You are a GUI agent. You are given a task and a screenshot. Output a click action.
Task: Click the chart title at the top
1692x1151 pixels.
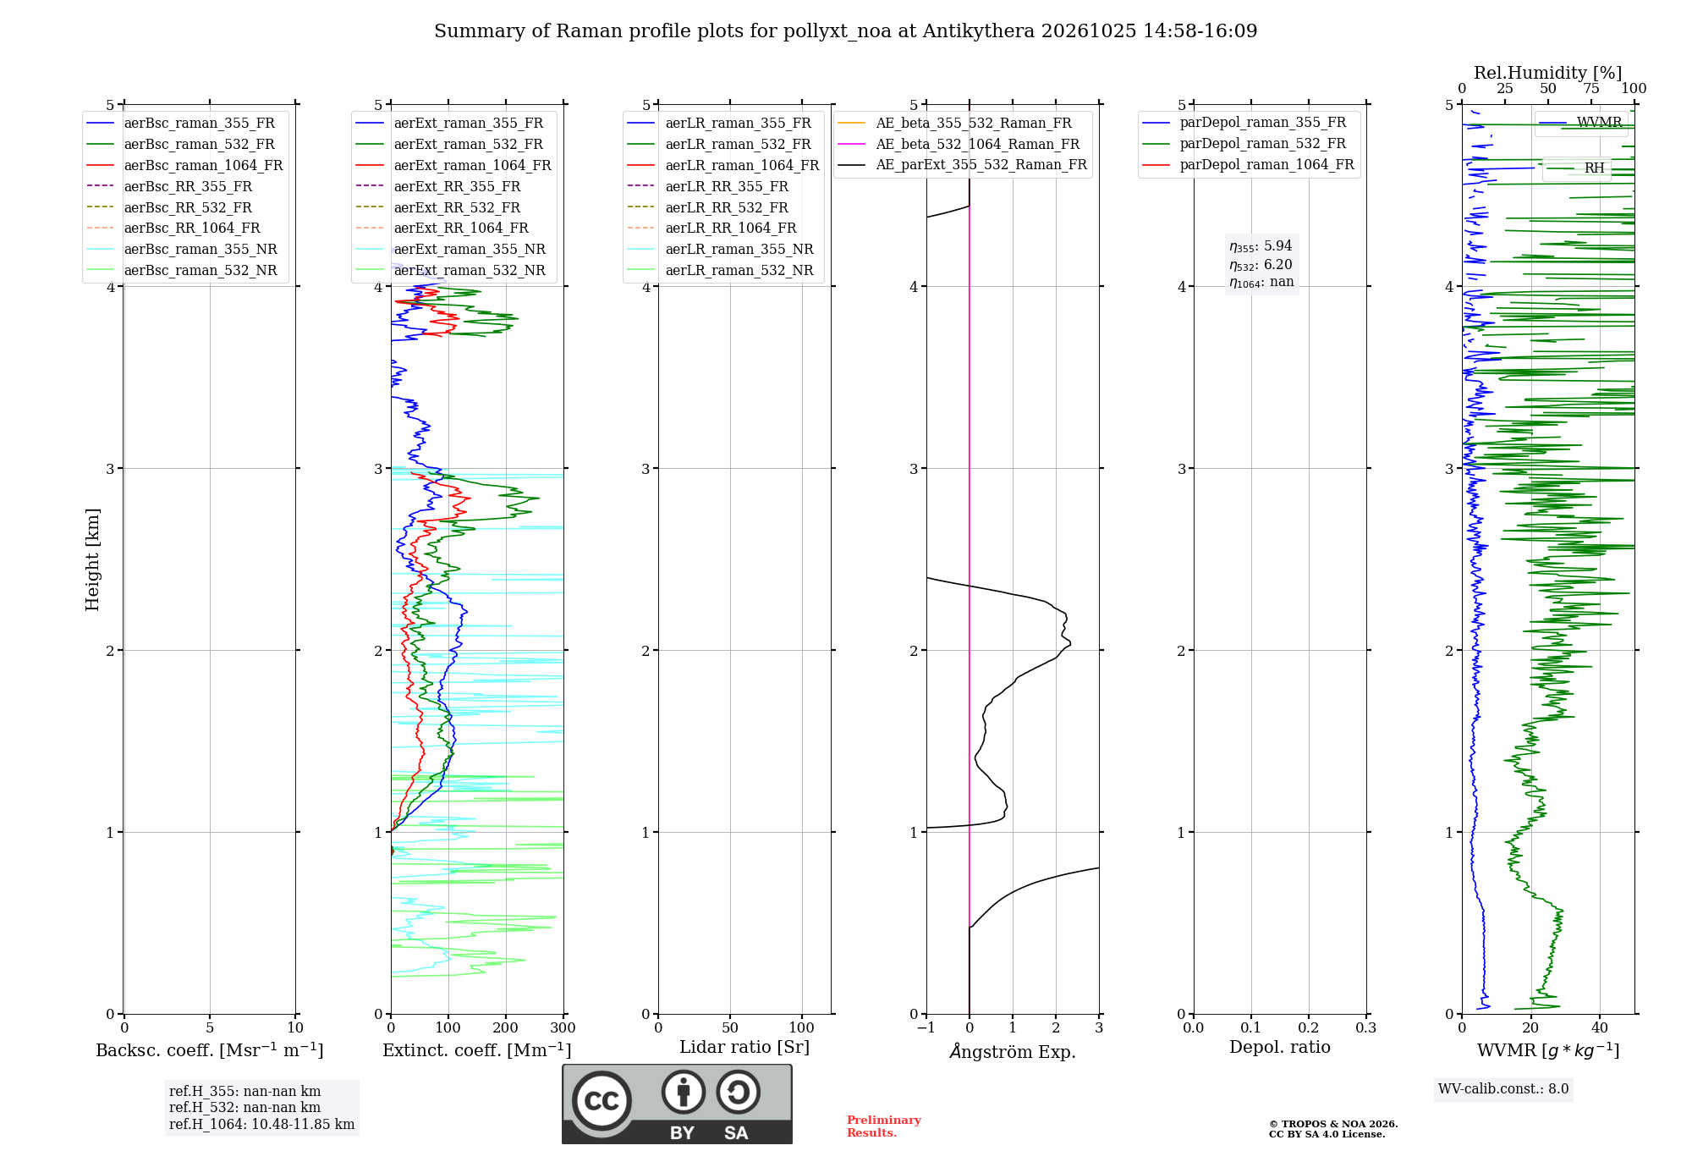tap(845, 31)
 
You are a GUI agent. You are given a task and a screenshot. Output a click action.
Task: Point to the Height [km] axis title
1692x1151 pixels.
tap(92, 559)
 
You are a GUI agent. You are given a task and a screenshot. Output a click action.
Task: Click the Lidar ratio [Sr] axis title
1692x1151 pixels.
tap(744, 1047)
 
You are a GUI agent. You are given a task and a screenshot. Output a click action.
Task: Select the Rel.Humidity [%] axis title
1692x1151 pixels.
tap(1547, 73)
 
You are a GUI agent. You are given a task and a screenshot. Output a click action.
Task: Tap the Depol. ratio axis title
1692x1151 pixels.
tap(1279, 1047)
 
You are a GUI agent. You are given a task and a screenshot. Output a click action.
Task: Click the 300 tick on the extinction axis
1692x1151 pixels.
tap(563, 1027)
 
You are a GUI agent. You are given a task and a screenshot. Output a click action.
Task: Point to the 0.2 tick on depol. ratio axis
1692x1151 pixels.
tap(1308, 1027)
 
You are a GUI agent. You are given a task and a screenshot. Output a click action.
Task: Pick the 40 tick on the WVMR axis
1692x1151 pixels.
tap(1599, 1027)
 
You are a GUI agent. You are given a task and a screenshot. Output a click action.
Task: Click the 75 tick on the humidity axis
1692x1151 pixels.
tap(1590, 88)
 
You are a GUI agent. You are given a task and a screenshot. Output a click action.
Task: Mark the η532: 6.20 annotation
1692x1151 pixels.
tap(1261, 265)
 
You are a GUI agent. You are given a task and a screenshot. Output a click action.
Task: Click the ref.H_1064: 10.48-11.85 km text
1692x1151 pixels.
tap(261, 1124)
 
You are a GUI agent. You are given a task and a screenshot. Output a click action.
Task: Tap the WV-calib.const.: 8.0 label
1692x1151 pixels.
tap(1503, 1088)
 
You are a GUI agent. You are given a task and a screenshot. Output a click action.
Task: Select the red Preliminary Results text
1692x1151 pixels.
tap(884, 1126)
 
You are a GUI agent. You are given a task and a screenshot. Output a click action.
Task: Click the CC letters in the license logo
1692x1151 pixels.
tap(602, 1101)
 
